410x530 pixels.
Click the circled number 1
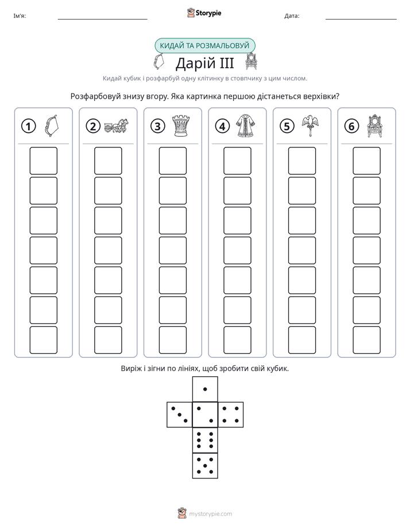(28, 126)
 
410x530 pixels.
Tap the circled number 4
(222, 126)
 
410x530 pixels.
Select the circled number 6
(351, 126)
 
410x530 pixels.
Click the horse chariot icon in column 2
(117, 126)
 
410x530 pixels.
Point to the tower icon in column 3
(181, 126)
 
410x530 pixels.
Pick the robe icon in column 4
(246, 126)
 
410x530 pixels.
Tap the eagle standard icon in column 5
(310, 125)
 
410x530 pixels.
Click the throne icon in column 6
(375, 126)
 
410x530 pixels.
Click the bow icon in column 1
(52, 126)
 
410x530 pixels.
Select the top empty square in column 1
(43, 161)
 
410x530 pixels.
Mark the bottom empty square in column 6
(367, 340)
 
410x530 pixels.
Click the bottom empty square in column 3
(172, 340)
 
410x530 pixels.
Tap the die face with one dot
(205, 389)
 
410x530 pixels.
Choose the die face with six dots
(205, 440)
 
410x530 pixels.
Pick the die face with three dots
(180, 415)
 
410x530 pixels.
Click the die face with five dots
(205, 466)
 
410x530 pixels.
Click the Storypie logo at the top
(204, 13)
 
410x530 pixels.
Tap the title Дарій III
(205, 63)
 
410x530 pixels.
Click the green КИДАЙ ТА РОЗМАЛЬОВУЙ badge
(204, 46)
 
